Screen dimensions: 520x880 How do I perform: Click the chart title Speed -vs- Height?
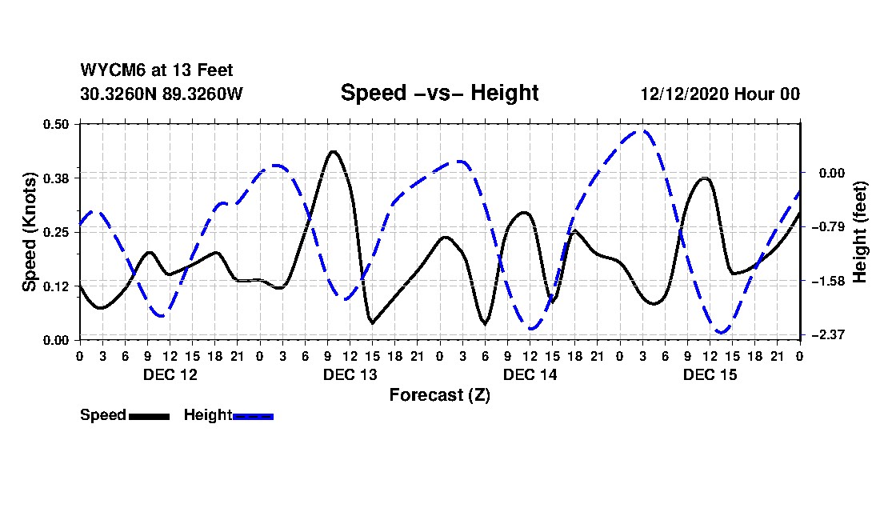pyautogui.click(x=439, y=93)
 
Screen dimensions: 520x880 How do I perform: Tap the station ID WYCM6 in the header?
pyautogui.click(x=107, y=70)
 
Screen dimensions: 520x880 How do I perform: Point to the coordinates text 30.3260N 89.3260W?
pyautogui.click(x=161, y=94)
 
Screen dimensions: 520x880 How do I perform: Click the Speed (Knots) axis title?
pyautogui.click(x=29, y=231)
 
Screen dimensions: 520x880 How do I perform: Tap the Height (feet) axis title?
pyautogui.click(x=861, y=231)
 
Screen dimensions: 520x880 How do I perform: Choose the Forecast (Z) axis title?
pyautogui.click(x=439, y=395)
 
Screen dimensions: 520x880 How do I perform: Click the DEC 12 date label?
pyautogui.click(x=170, y=374)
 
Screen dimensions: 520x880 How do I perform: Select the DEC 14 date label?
pyautogui.click(x=530, y=374)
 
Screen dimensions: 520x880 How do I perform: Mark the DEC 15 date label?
pyautogui.click(x=710, y=374)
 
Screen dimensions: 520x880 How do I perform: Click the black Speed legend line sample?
pyautogui.click(x=149, y=416)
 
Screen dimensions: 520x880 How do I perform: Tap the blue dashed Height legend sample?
pyautogui.click(x=253, y=416)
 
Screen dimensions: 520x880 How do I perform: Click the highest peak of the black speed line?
pyautogui.click(x=333, y=151)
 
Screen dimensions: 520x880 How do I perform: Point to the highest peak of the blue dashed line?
pyautogui.click(x=642, y=130)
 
